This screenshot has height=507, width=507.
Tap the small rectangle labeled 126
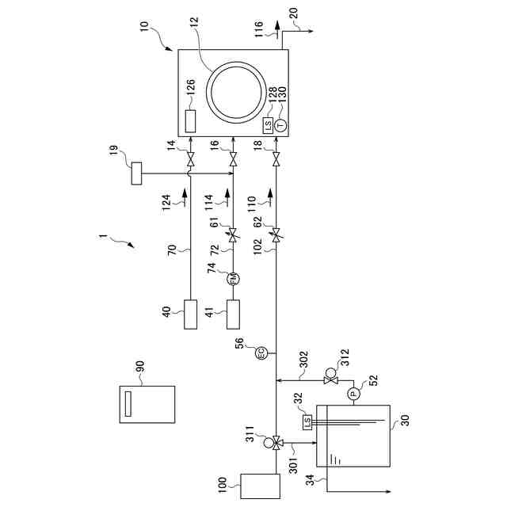click(x=190, y=121)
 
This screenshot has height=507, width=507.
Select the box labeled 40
click(x=190, y=314)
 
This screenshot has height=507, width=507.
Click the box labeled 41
click(x=233, y=314)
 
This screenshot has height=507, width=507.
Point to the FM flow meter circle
click(x=233, y=278)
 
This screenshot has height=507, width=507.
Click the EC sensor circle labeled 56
click(x=261, y=353)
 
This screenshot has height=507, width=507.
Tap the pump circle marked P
click(x=353, y=391)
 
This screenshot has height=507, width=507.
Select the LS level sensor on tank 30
click(x=307, y=423)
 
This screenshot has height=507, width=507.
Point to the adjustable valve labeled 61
click(x=233, y=234)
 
